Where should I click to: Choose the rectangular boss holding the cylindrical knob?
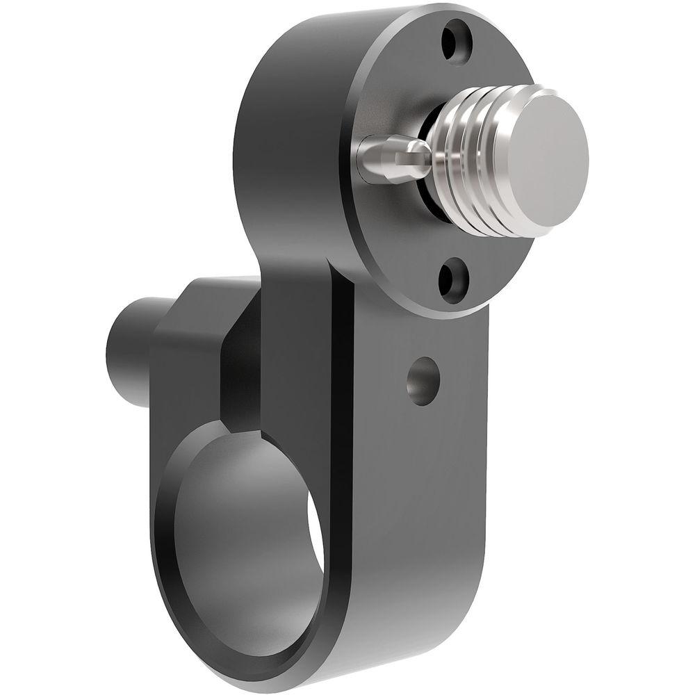click(x=188, y=347)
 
